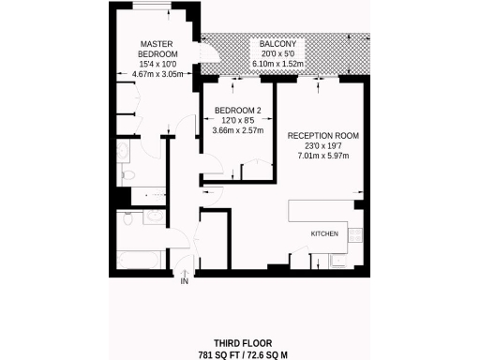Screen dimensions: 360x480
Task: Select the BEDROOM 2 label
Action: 238,111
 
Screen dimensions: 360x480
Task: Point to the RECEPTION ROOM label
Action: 323,136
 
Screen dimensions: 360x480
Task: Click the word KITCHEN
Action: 324,232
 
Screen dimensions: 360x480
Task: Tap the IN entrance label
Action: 185,281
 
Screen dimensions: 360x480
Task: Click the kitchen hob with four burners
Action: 357,234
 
